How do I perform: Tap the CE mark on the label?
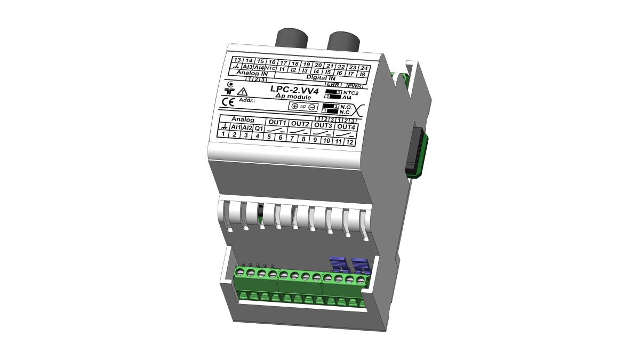(x=228, y=103)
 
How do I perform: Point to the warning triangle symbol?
(x=242, y=92)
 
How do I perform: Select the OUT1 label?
(x=278, y=123)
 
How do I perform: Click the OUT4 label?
(x=346, y=127)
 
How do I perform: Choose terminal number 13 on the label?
(x=237, y=60)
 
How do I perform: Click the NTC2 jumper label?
(x=350, y=92)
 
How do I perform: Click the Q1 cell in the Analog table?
(x=258, y=128)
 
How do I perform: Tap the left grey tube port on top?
(x=291, y=40)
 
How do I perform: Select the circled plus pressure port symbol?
(x=294, y=106)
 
